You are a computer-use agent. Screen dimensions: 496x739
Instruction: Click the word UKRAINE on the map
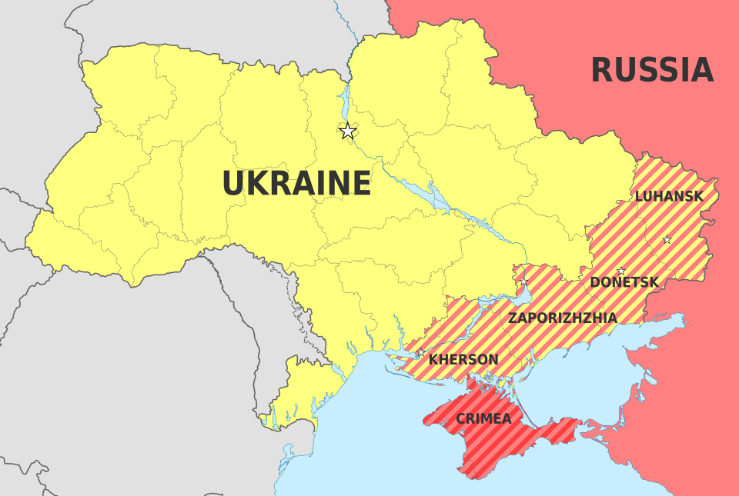(296, 184)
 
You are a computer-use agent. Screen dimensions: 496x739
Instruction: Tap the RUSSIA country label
(651, 70)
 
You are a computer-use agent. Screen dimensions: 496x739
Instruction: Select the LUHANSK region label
(668, 196)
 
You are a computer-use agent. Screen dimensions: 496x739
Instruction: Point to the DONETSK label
(624, 282)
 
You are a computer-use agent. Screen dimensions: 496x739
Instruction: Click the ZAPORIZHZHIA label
(562, 318)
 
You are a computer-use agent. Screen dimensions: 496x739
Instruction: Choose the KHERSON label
(463, 359)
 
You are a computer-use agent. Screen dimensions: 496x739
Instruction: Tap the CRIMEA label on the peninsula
(483, 419)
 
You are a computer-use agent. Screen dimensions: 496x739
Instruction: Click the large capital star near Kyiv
(348, 131)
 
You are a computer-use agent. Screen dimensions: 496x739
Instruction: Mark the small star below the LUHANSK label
(667, 240)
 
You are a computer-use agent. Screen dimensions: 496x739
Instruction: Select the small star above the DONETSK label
(621, 271)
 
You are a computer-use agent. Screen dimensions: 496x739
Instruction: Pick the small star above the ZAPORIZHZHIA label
(524, 281)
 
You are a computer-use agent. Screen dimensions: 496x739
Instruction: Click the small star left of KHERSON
(420, 353)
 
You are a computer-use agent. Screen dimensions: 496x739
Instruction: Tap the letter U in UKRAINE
(233, 184)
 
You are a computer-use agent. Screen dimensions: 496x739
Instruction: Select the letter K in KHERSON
(433, 359)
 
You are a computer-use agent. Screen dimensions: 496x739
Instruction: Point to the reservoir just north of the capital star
(344, 100)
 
